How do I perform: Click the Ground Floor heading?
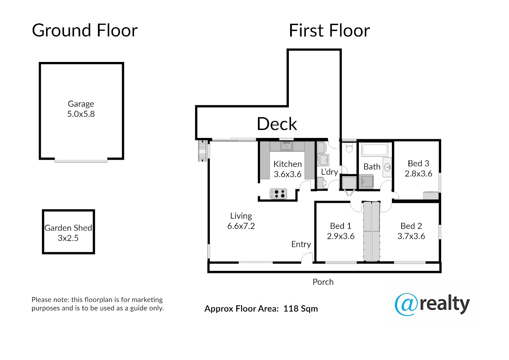click(84, 30)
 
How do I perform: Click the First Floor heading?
click(329, 30)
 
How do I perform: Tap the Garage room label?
click(81, 104)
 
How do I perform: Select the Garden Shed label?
click(68, 228)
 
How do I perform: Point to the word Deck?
click(277, 124)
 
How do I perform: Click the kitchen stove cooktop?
click(278, 194)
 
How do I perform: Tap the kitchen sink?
click(286, 146)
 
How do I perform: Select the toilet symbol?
click(349, 147)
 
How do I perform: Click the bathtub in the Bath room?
click(375, 149)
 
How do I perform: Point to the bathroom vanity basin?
click(387, 167)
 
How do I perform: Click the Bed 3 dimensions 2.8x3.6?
click(418, 174)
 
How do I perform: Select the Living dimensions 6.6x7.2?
click(241, 226)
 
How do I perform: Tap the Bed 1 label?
click(341, 226)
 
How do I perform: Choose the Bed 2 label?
click(411, 226)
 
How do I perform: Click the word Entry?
click(301, 244)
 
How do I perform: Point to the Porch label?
click(323, 282)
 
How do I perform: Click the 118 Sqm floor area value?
click(301, 309)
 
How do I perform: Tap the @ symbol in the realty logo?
click(406, 305)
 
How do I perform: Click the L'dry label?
click(329, 172)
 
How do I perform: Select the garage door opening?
click(81, 161)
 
